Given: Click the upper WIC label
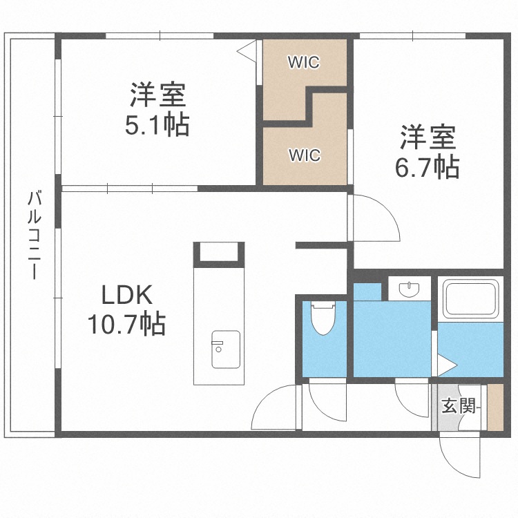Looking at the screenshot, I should (x=304, y=62).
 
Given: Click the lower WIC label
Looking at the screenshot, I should (x=305, y=155).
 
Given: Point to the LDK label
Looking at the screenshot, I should (x=126, y=296).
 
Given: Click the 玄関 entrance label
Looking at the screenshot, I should (x=459, y=406).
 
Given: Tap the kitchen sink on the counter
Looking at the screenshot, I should (x=225, y=349).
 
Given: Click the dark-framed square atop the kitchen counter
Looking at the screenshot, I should (x=218, y=253).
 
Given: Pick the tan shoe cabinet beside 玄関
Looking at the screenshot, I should (x=495, y=407).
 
